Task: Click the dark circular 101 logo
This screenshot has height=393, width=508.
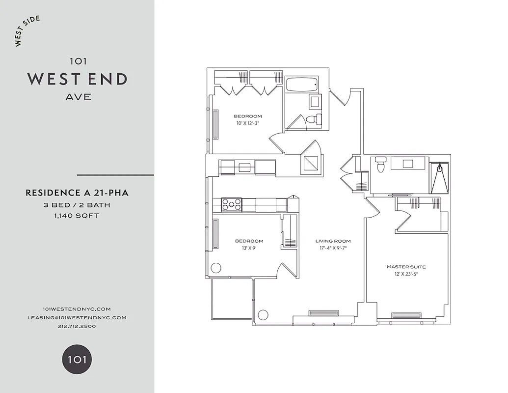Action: (77, 359)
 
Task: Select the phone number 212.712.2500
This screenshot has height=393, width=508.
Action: (77, 326)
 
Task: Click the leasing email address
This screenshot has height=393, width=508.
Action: (77, 317)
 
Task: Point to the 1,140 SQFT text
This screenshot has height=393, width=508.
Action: (77, 215)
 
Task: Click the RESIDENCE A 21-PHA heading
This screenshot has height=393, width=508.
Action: (77, 193)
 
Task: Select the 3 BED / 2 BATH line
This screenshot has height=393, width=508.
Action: (77, 205)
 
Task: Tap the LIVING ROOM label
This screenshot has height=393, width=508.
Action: (333, 241)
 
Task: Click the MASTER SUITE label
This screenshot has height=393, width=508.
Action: (406, 267)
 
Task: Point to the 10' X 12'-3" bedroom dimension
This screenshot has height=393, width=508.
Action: (248, 123)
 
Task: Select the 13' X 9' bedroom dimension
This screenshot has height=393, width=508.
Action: (249, 248)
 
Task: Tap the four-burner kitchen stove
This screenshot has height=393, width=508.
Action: (231, 204)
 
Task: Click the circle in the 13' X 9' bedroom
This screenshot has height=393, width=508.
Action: (216, 268)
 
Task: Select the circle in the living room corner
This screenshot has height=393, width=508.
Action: (263, 315)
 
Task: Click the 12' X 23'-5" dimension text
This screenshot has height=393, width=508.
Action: (406, 274)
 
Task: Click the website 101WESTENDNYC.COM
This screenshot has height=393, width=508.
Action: (77, 309)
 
